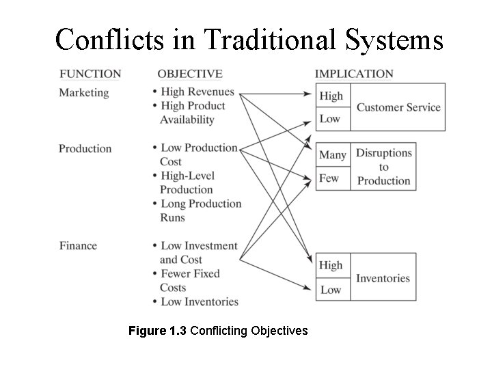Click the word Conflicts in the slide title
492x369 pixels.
(x=108, y=40)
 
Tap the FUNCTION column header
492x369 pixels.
(x=90, y=74)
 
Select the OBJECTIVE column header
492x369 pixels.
(x=190, y=74)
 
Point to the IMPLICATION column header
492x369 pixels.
(x=354, y=74)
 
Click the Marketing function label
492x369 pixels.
(x=84, y=92)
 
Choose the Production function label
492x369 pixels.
(x=85, y=148)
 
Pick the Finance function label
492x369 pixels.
(x=78, y=245)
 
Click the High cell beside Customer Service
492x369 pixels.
(x=331, y=96)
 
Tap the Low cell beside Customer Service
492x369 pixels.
(x=330, y=119)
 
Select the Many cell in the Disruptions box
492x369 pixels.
(x=333, y=155)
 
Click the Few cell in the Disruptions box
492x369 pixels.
(x=329, y=178)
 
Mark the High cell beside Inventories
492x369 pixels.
(x=331, y=265)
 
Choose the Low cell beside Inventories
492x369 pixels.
(x=331, y=289)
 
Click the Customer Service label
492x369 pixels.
(x=398, y=107)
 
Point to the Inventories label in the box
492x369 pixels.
(x=383, y=278)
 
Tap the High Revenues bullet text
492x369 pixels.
(x=197, y=92)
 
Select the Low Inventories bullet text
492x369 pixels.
(x=199, y=301)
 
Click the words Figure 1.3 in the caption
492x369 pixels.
(x=157, y=331)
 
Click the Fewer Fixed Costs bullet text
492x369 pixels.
(x=190, y=280)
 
